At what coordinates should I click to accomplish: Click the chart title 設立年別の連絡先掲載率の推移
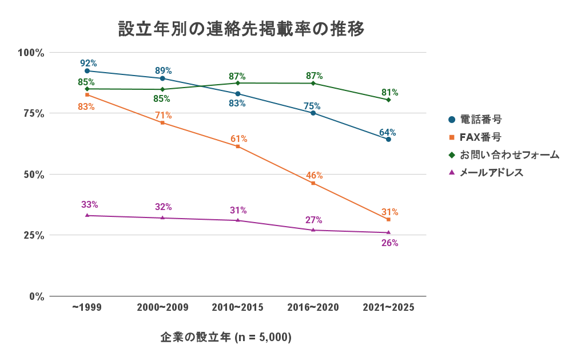(241, 29)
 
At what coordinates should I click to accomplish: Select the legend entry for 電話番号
(474, 120)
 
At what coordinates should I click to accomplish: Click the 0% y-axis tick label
(35, 296)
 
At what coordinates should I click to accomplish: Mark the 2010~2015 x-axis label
(237, 307)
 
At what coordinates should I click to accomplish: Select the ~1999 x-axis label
(87, 307)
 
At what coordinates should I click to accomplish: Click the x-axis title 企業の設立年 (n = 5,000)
(226, 338)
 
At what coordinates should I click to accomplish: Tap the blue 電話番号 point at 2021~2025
(388, 139)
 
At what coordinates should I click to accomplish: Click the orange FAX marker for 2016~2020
(313, 183)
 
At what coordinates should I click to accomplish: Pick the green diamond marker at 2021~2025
(388, 100)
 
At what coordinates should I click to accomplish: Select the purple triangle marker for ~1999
(87, 215)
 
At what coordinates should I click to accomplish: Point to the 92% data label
(88, 63)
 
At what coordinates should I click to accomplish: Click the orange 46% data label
(314, 175)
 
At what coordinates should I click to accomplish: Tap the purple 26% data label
(389, 243)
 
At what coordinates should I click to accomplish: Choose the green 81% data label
(389, 92)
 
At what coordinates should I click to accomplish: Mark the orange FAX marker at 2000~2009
(162, 122)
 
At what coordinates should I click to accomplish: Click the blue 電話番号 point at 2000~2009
(162, 78)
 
